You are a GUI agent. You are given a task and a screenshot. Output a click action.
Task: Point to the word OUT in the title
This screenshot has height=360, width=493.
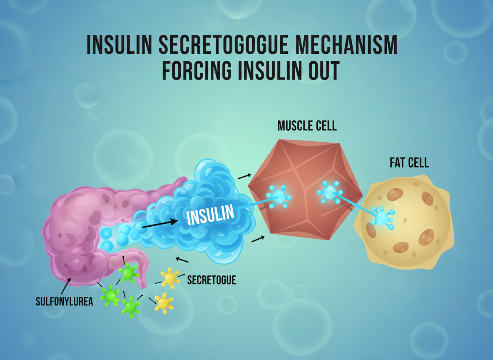coord(322,71)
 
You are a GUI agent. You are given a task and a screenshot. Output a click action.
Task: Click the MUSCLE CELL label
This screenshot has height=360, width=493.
coord(307,126)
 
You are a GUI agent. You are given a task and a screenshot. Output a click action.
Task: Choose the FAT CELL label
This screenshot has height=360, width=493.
coord(409,163)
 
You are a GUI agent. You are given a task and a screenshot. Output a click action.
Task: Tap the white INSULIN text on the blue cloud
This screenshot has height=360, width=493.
coord(211,215)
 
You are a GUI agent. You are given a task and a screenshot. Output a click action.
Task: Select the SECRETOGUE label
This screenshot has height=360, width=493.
coord(211,280)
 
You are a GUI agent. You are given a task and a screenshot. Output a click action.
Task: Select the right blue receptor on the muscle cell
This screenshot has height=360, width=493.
coord(330,192)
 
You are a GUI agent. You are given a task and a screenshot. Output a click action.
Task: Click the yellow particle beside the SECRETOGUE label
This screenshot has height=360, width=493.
coord(170,278)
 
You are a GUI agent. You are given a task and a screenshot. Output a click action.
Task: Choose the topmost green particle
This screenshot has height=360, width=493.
coord(128,273)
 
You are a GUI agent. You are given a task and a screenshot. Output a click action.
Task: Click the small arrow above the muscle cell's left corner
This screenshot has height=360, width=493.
coord(244,176)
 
